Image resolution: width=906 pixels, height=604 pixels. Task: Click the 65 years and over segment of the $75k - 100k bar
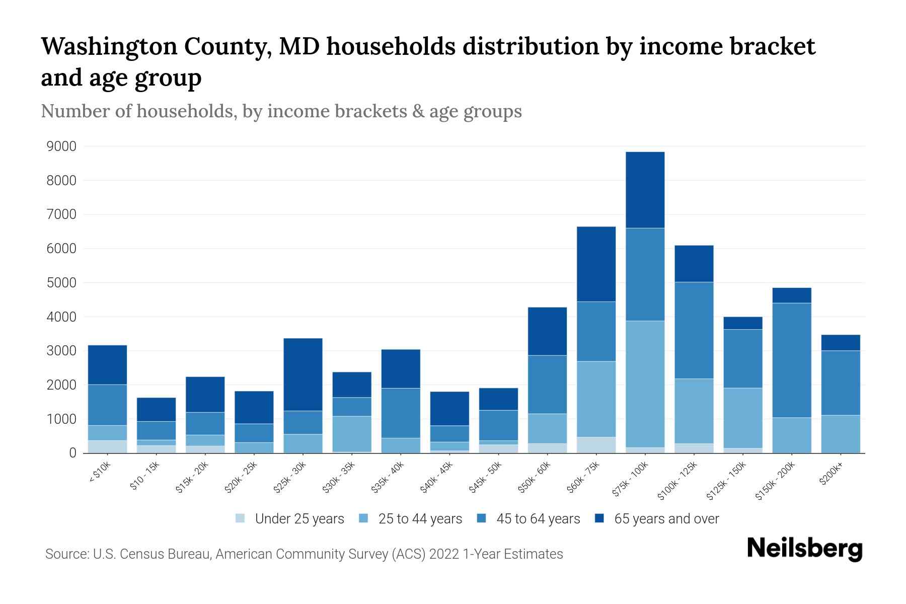click(645, 190)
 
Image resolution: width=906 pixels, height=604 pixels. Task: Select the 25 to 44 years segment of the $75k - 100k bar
click(645, 384)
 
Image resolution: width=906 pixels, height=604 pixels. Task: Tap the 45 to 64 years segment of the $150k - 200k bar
click(792, 360)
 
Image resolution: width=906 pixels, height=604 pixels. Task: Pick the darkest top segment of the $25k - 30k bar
click(303, 374)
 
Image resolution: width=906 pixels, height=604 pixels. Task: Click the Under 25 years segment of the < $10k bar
click(107, 446)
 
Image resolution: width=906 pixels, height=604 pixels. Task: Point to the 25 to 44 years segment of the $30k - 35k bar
click(352, 434)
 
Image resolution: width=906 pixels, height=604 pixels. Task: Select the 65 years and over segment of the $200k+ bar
click(841, 343)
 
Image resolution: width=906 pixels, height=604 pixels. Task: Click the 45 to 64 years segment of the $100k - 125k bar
click(694, 330)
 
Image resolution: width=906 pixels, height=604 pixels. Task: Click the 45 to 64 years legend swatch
click(482, 518)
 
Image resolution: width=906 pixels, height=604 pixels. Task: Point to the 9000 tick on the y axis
click(61, 146)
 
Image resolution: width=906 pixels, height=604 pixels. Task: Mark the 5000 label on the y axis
click(61, 283)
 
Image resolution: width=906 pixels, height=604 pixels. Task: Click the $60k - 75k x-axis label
click(584, 477)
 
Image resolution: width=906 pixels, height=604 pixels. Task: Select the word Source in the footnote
click(66, 554)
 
